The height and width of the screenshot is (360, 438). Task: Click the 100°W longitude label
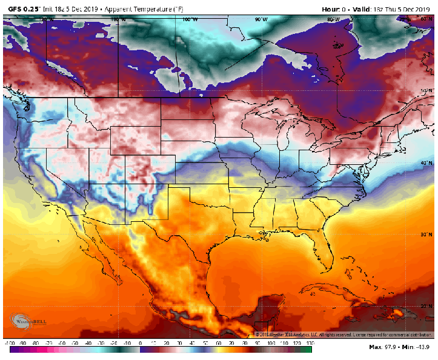(x=190, y=19)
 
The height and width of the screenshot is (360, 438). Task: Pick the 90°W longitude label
(x=261, y=19)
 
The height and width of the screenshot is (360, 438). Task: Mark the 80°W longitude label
(x=333, y=19)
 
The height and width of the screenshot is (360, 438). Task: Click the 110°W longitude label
(x=119, y=19)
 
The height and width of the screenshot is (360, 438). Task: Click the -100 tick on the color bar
(x=9, y=343)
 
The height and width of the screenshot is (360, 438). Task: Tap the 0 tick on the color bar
(x=140, y=343)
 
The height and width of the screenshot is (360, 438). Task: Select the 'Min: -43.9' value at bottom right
(x=417, y=347)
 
